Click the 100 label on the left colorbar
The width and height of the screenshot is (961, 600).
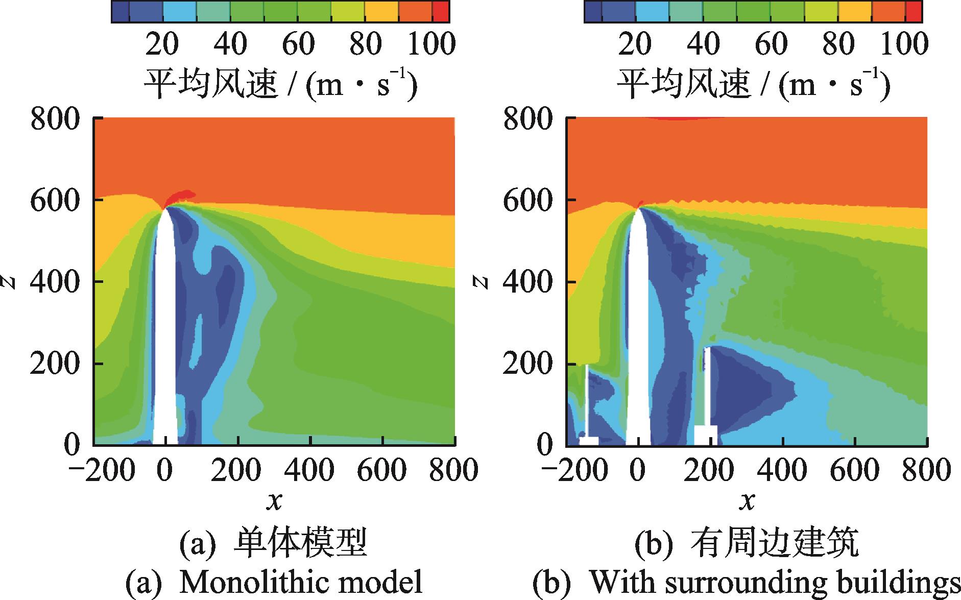[431, 44]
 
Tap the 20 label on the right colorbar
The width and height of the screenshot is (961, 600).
[635, 44]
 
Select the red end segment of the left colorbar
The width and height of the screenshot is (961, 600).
[441, 12]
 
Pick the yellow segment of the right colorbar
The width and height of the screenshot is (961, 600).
[855, 12]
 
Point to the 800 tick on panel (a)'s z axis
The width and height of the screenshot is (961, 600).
[55, 119]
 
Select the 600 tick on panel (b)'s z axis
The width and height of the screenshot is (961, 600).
[528, 200]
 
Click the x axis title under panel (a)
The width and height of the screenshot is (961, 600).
[274, 502]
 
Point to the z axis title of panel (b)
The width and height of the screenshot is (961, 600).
[484, 281]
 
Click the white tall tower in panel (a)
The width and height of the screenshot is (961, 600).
[164, 332]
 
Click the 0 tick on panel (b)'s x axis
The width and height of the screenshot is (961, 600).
[637, 470]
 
